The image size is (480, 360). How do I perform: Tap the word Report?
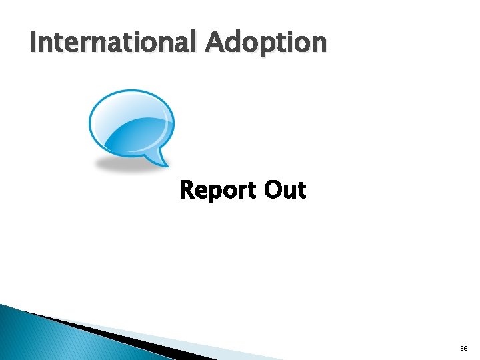tap(217, 191)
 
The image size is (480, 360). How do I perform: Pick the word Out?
tap(285, 190)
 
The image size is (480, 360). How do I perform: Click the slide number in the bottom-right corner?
tap(464, 349)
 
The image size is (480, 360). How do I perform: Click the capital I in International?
tap(33, 43)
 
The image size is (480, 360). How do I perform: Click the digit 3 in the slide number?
tap(462, 349)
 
